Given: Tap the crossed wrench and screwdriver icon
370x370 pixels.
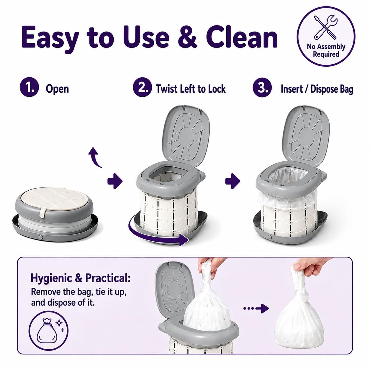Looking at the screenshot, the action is [325, 28].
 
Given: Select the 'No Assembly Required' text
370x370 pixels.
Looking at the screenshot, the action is [326, 50].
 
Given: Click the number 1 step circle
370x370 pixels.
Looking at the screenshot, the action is [30, 87].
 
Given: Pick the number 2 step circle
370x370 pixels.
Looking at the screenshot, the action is [142, 87].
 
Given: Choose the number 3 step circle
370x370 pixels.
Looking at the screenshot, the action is [262, 87].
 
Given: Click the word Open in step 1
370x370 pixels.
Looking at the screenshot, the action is [57, 89].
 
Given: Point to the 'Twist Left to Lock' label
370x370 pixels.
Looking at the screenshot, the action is [191, 89].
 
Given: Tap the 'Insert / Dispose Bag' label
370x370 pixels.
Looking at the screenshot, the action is [317, 89].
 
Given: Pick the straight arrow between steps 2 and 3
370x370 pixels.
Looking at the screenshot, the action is [233, 181].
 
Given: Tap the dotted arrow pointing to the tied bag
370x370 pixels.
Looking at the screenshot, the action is [256, 309].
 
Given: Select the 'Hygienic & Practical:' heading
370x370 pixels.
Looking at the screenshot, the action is [81, 278].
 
